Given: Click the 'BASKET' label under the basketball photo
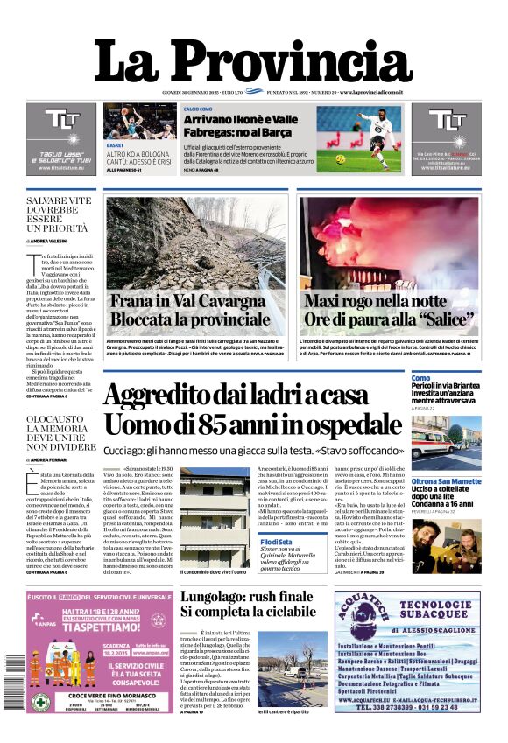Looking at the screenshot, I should (x=116, y=144).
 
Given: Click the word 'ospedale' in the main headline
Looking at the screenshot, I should (x=338, y=424).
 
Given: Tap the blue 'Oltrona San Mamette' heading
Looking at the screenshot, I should (x=445, y=481).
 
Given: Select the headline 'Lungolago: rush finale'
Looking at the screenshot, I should (x=246, y=597).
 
